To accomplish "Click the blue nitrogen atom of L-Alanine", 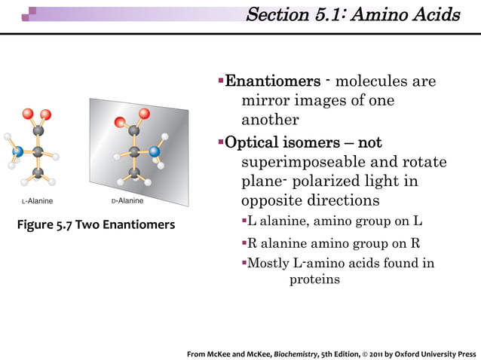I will pyautogui.click(x=17, y=151).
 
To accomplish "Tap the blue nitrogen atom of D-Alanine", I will pyautogui.click(x=155, y=151).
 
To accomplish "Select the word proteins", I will pyautogui.click(x=314, y=279).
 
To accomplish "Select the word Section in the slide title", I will pyautogui.click(x=277, y=15).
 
